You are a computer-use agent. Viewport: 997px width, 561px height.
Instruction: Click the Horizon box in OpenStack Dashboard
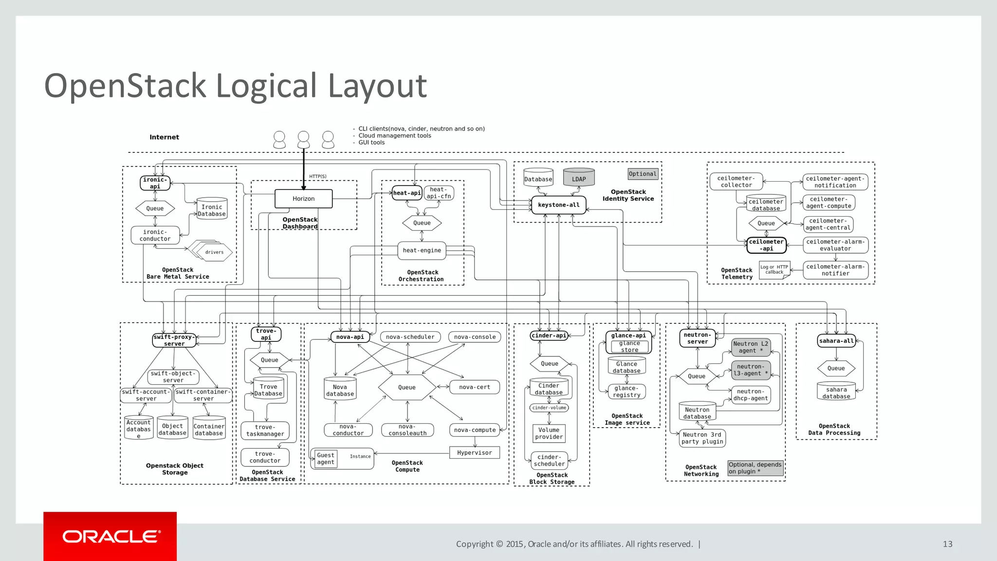pyautogui.click(x=303, y=199)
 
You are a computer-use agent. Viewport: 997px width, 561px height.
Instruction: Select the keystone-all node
pyautogui.click(x=558, y=205)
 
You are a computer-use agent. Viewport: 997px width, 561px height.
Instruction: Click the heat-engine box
pyautogui.click(x=422, y=250)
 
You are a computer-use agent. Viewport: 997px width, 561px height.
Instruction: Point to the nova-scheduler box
pyautogui.click(x=410, y=337)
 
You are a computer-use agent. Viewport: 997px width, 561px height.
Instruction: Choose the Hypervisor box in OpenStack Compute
pyautogui.click(x=474, y=453)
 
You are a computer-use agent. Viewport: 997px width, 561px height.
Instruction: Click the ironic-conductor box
pyautogui.click(x=155, y=235)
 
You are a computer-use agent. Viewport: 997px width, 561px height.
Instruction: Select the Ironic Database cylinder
pyautogui.click(x=212, y=209)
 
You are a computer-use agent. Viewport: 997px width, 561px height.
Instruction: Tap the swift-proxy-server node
pyautogui.click(x=174, y=340)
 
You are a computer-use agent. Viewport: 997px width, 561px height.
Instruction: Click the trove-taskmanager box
pyautogui.click(x=265, y=430)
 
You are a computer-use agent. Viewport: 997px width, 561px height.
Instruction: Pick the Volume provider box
pyautogui.click(x=549, y=433)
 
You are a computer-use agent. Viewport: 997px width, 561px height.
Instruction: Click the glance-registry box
pyautogui.click(x=627, y=392)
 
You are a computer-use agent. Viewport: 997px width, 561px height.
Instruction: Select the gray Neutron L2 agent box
pyautogui.click(x=751, y=347)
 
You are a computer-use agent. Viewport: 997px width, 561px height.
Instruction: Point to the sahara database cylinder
pyautogui.click(x=836, y=392)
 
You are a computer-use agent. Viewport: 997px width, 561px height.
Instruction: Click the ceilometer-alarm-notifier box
pyautogui.click(x=835, y=270)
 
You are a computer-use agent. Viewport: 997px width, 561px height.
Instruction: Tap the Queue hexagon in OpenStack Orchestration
pyautogui.click(x=422, y=223)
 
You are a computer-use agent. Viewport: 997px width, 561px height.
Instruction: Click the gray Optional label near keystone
pyautogui.click(x=643, y=174)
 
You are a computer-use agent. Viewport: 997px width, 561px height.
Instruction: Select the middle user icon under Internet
pyautogui.click(x=303, y=139)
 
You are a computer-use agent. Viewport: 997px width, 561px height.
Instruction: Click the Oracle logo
pyautogui.click(x=110, y=537)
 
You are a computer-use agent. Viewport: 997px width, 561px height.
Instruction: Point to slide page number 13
pyautogui.click(x=947, y=544)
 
